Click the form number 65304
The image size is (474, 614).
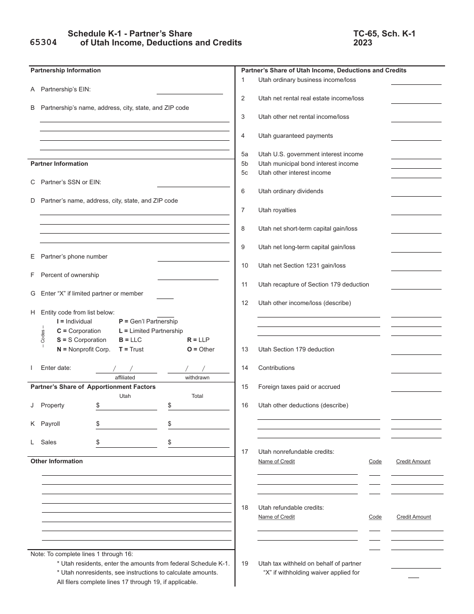coord(43,43)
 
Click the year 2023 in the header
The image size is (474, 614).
coord(362,43)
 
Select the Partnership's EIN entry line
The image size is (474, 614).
coord(190,90)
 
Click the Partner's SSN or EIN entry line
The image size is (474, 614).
coord(190,183)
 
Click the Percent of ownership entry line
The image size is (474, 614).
coord(188,276)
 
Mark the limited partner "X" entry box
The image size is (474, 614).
coord(165,295)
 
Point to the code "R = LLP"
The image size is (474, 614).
coord(198,340)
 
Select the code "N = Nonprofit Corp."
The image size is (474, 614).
coord(83,349)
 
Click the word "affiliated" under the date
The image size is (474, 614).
coord(125,378)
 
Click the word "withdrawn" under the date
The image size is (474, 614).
coord(197,378)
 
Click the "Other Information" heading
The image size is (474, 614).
coord(56,461)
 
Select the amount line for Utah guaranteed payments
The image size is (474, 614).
coord(416,136)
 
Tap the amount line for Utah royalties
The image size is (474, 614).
coord(416,211)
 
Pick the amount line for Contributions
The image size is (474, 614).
coord(416,368)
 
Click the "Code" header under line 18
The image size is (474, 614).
coord(375,517)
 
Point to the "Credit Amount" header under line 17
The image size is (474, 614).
coord(413,462)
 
